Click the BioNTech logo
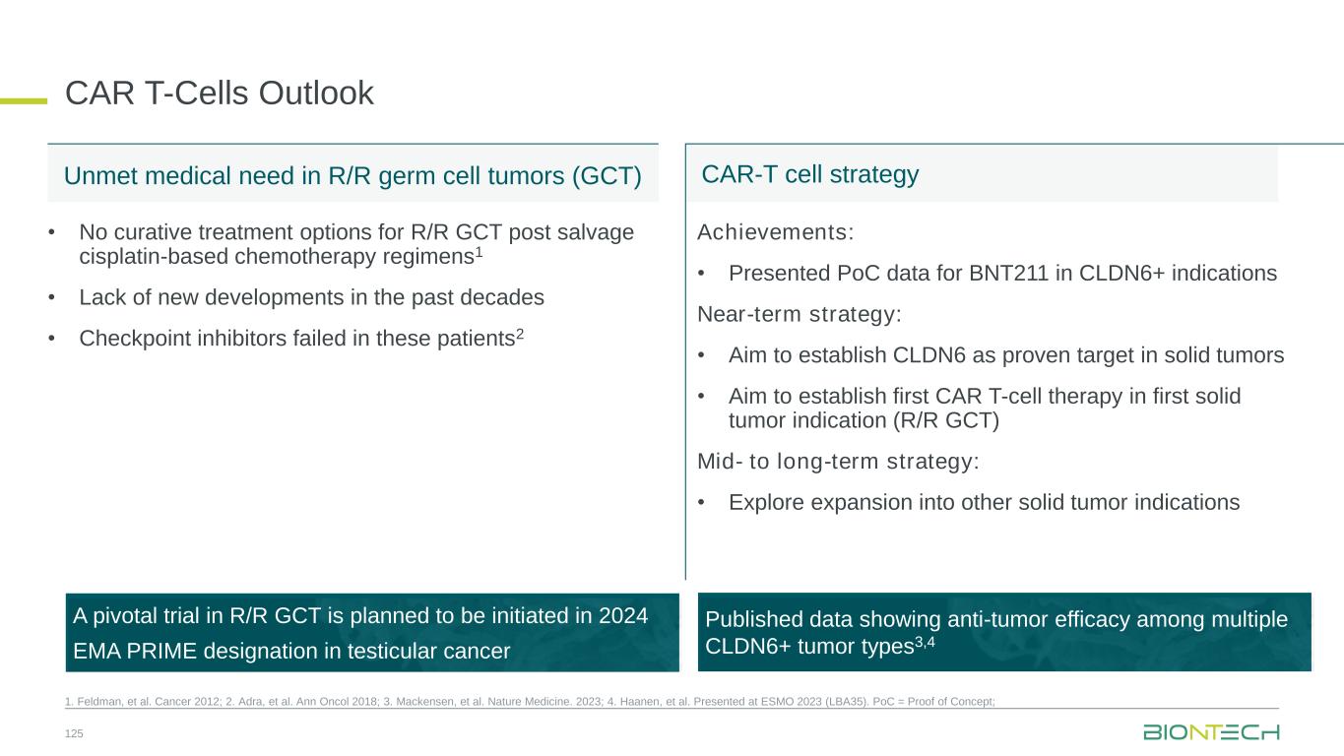pyautogui.click(x=1211, y=732)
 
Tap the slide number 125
pyautogui.click(x=74, y=733)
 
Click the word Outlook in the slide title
pyautogui.click(x=316, y=93)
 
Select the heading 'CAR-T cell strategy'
pyautogui.click(x=809, y=174)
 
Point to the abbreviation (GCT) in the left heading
pyautogui.click(x=607, y=176)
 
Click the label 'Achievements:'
pyautogui.click(x=775, y=232)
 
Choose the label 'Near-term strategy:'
pyautogui.click(x=800, y=314)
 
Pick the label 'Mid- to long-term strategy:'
pyautogui.click(x=838, y=462)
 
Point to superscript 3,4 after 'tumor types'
pyautogui.click(x=925, y=642)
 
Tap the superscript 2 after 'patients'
pyautogui.click(x=520, y=334)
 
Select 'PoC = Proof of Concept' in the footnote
pyautogui.click(x=933, y=702)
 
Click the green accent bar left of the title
pyautogui.click(x=24, y=101)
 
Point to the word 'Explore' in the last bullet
pyautogui.click(x=766, y=503)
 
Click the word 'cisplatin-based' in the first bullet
pyautogui.click(x=154, y=257)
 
